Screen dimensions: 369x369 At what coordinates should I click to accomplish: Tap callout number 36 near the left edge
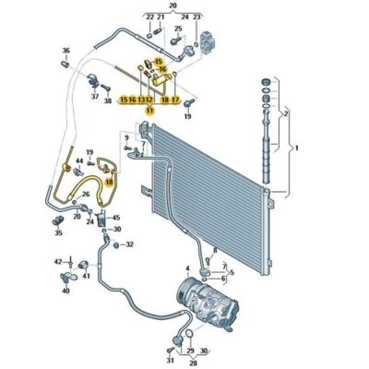[65, 51]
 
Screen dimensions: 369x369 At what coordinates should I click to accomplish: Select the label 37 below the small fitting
[94, 96]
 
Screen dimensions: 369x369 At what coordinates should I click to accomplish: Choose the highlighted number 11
[148, 109]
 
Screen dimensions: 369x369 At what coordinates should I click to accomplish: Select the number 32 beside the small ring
[129, 244]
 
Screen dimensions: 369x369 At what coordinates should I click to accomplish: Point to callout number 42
[57, 262]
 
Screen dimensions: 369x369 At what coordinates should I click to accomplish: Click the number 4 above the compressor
[187, 269]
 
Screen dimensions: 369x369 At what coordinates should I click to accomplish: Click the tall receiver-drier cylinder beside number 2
[269, 148]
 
